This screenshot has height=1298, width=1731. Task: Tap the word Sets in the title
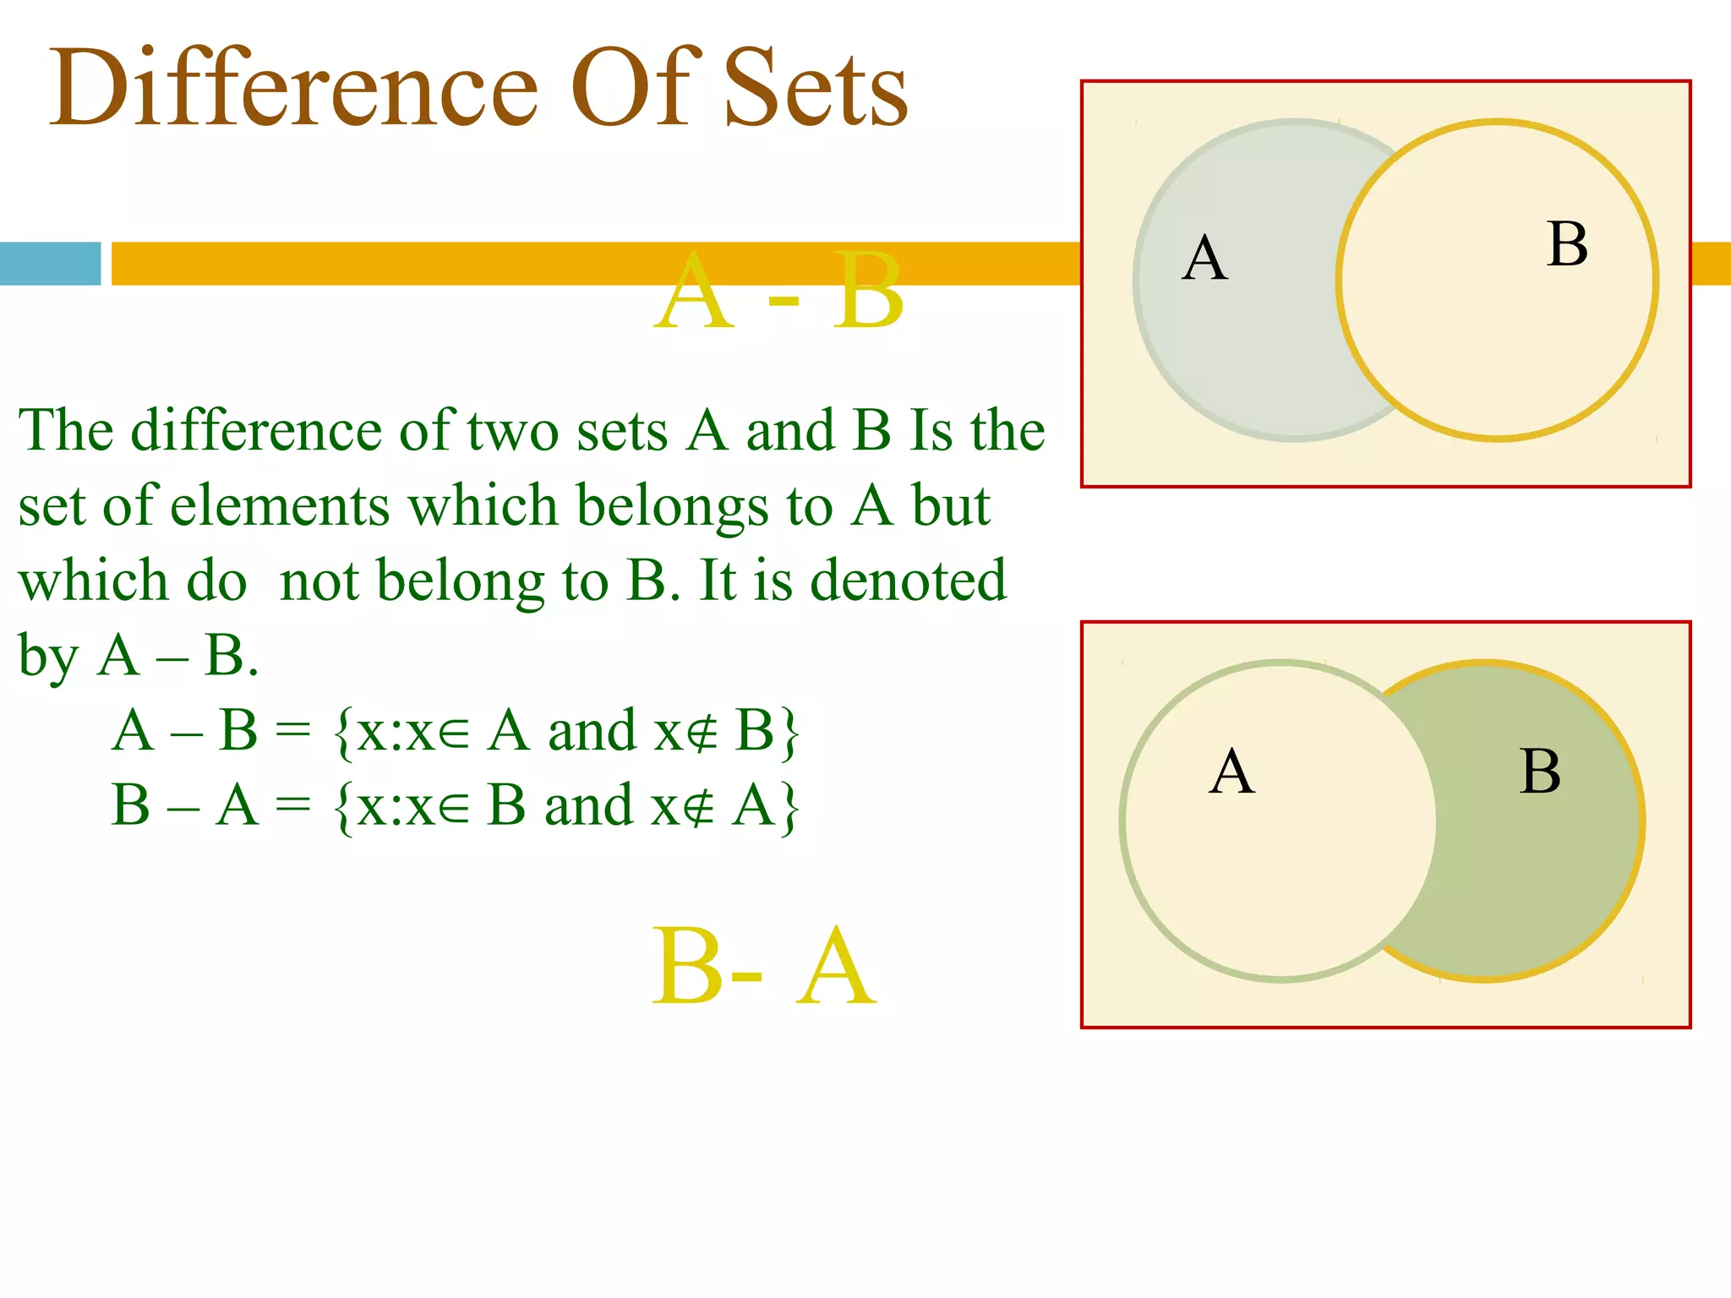point(815,89)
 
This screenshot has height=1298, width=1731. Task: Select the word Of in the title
point(636,89)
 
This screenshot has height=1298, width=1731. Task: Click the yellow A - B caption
point(778,292)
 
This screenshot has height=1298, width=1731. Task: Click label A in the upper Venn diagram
point(1204,258)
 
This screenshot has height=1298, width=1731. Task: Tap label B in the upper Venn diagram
point(1567,245)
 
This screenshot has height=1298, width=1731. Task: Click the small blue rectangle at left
point(50,264)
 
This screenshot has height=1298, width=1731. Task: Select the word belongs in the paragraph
point(672,508)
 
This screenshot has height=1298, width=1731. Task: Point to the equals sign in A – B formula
point(293,731)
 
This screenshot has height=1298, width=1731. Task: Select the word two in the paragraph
point(512,431)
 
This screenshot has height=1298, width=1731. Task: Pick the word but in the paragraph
point(950,506)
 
